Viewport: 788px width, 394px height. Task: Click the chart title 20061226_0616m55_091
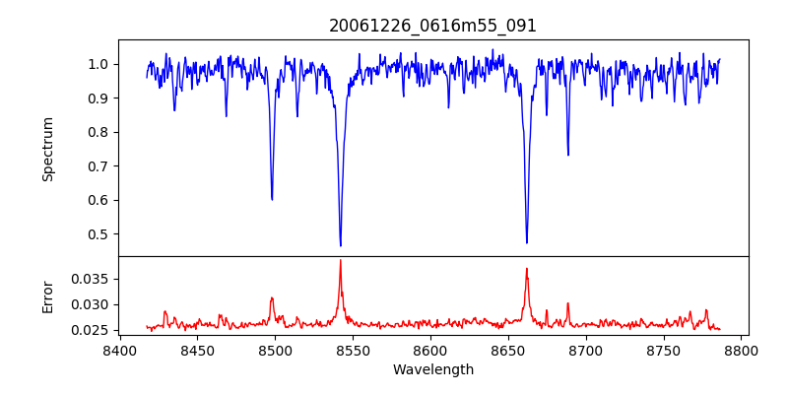click(432, 26)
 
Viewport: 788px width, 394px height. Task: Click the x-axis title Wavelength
click(432, 370)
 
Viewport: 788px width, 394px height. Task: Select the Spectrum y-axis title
click(48, 149)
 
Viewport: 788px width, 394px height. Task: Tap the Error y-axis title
click(48, 296)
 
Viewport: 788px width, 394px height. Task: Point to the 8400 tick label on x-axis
click(119, 351)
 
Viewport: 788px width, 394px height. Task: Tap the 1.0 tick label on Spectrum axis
click(98, 64)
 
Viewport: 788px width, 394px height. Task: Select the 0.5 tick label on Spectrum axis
click(98, 234)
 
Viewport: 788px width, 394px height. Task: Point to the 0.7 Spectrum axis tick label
click(98, 166)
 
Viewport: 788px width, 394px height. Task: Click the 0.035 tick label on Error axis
click(92, 279)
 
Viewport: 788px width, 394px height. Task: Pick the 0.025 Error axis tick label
click(92, 330)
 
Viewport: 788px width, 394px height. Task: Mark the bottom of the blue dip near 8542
click(341, 245)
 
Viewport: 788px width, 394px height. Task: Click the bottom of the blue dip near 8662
click(527, 242)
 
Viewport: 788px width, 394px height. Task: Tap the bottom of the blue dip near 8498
click(272, 199)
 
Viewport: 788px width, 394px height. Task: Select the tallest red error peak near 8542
click(341, 260)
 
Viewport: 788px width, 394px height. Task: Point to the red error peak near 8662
click(527, 268)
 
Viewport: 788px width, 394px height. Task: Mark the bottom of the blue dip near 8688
click(567, 155)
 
